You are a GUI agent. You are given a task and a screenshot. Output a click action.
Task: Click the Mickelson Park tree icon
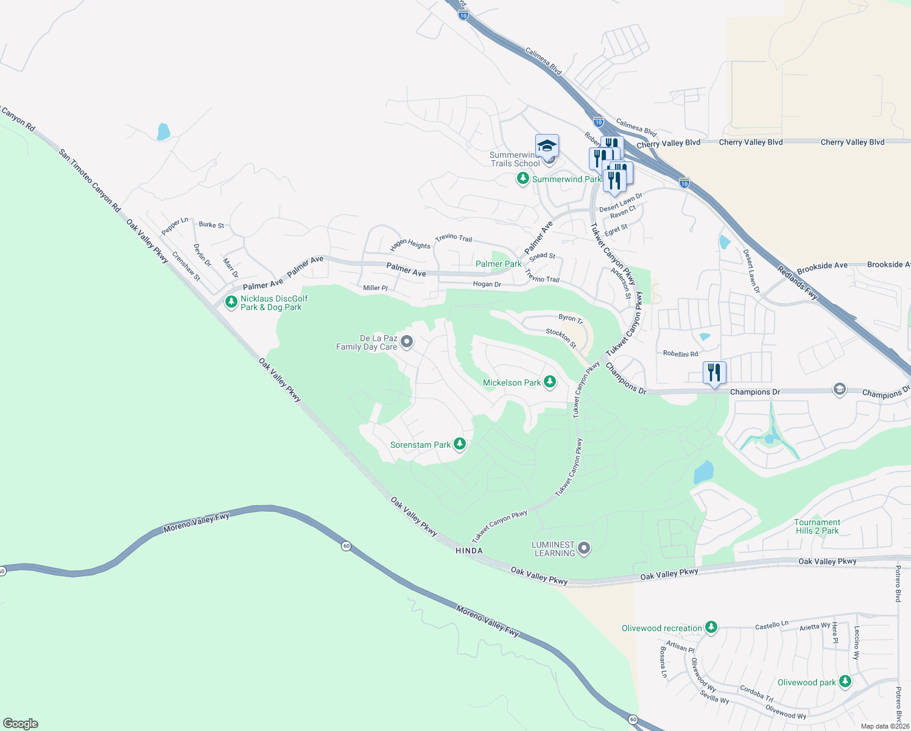[x=550, y=382]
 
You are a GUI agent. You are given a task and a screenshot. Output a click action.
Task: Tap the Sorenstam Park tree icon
[x=460, y=444]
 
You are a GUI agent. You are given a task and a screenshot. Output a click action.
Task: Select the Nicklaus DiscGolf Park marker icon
[x=231, y=302]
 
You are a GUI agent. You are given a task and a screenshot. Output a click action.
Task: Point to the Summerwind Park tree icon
[x=522, y=178]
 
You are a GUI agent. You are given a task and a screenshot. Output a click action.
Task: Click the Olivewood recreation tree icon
[x=711, y=627]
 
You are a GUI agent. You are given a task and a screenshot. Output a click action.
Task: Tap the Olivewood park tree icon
[x=845, y=682]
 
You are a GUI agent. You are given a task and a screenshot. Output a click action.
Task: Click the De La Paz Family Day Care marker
[x=407, y=342]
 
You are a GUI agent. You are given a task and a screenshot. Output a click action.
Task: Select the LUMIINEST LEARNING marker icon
[x=584, y=549]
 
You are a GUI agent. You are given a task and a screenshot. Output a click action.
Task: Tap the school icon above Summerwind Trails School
[x=547, y=146]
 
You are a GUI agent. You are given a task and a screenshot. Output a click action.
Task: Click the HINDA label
[x=469, y=551]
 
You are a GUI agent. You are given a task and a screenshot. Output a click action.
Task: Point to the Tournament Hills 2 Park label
[x=817, y=526]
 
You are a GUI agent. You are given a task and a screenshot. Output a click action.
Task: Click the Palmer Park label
[x=498, y=264]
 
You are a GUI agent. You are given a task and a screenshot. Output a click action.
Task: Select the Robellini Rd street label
[x=680, y=353]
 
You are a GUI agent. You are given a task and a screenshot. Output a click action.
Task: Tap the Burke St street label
[x=211, y=225]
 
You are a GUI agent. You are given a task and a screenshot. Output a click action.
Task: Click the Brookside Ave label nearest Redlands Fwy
[x=822, y=266]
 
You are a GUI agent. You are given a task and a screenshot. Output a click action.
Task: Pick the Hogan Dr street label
[x=487, y=284]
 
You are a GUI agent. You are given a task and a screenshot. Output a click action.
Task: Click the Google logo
[x=21, y=724]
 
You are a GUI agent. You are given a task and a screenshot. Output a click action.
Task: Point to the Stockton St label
[x=561, y=337]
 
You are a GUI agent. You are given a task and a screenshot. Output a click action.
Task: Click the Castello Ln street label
[x=772, y=625]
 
